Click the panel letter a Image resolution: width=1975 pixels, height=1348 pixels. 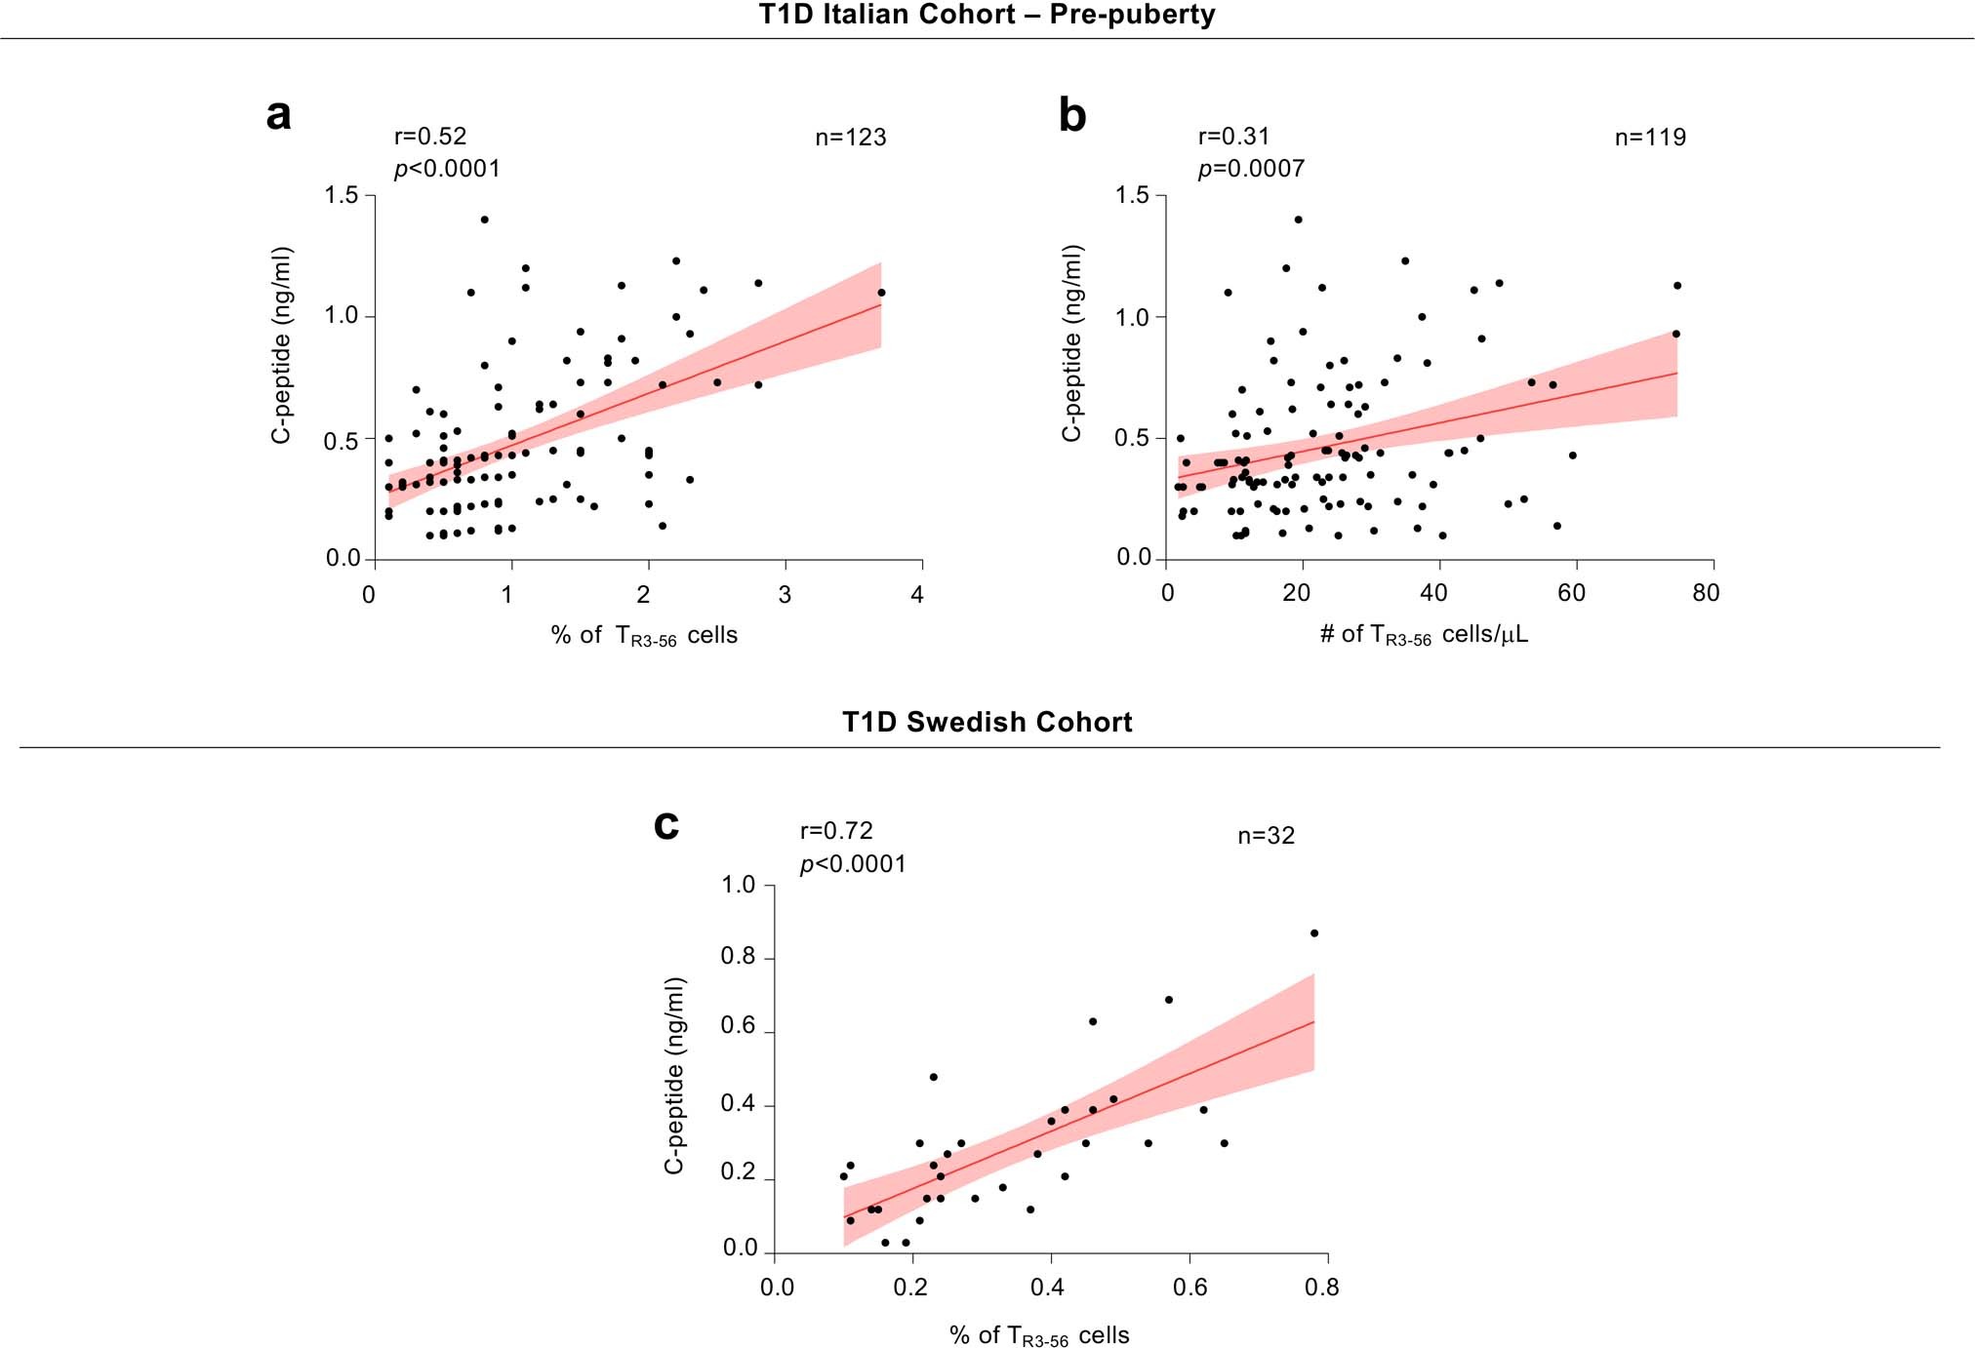point(278,116)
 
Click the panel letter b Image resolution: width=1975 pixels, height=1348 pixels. point(1071,116)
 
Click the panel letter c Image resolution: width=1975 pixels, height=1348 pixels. point(665,825)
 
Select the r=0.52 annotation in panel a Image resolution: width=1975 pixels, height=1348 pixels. point(429,137)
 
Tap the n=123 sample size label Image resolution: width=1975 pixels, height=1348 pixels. point(850,138)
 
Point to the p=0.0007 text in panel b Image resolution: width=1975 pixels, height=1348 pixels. point(1250,169)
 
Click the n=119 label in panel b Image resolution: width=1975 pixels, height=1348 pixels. point(1650,138)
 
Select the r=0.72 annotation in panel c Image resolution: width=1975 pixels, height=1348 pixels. point(836,831)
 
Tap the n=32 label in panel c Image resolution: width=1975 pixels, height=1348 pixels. point(1266,836)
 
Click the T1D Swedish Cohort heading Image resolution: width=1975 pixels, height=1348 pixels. point(987,722)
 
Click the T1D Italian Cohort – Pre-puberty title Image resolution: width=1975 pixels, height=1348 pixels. point(987,15)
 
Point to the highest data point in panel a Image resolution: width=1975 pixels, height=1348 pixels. point(484,219)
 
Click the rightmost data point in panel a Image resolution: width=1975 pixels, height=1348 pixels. point(881,293)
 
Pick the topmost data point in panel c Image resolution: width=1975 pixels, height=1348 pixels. point(1314,933)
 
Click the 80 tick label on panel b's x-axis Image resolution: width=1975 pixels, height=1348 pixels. point(1705,593)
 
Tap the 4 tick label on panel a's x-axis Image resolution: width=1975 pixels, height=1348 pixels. point(916,595)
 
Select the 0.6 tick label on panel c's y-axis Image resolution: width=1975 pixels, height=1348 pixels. point(738,1025)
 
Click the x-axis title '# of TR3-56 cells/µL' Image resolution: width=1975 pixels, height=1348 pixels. point(1424,635)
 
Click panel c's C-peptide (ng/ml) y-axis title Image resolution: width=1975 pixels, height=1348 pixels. point(674,1075)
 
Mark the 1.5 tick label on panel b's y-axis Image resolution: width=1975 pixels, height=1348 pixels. point(1132,195)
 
